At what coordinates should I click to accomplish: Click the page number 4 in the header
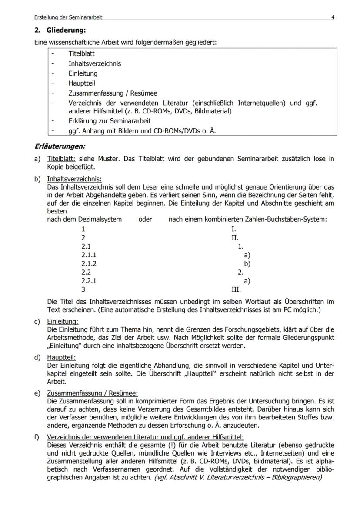tap(333, 17)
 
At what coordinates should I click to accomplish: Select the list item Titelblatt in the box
tap(81, 54)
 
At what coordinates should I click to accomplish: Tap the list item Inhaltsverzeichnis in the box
tap(94, 63)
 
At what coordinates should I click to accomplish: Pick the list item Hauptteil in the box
tap(81, 83)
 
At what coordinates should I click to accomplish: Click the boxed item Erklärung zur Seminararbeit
tap(109, 120)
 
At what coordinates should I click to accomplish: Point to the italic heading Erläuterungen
tap(60, 146)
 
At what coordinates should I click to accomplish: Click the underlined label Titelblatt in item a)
tap(61, 159)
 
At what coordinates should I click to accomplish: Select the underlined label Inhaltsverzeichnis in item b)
tap(74, 179)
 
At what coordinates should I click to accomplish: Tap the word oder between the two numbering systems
tap(145, 220)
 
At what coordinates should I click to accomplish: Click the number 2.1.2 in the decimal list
tap(89, 264)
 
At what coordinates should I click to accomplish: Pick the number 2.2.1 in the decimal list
tap(89, 281)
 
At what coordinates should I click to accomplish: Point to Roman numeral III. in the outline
tap(236, 289)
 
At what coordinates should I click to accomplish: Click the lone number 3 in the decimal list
tap(83, 289)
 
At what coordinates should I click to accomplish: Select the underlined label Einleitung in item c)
tap(63, 322)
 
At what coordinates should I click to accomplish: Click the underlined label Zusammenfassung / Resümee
tap(92, 393)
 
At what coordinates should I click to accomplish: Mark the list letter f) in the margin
tap(37, 437)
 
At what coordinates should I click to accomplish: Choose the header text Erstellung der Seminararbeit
tap(68, 17)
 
